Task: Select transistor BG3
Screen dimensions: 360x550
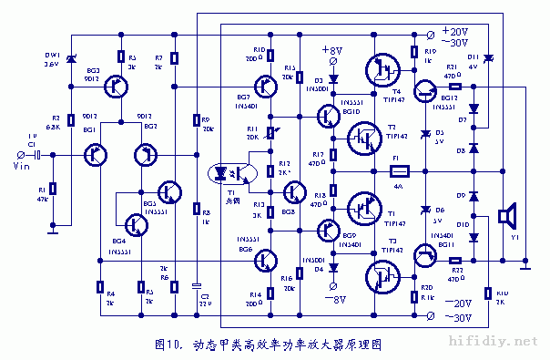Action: [x=115, y=86]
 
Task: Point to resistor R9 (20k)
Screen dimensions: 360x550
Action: [x=196, y=121]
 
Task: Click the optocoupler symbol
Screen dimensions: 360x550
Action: [x=225, y=171]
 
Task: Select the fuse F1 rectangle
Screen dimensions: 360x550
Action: [x=398, y=170]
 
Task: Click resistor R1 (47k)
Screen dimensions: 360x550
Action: [x=53, y=189]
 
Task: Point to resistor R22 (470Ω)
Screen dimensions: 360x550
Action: [x=456, y=260]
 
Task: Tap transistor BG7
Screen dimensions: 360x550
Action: [x=265, y=87]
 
